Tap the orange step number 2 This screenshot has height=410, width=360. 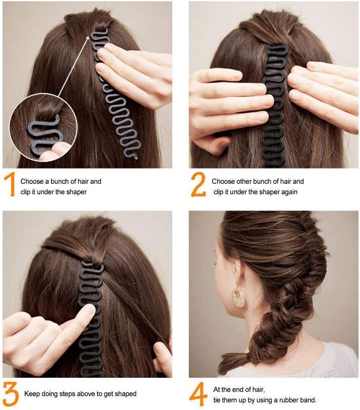click(x=198, y=184)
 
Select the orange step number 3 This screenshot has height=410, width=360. click(x=10, y=395)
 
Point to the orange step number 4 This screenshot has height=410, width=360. click(x=198, y=394)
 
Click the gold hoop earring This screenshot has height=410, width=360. click(x=238, y=297)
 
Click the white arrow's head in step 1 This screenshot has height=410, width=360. click(x=87, y=39)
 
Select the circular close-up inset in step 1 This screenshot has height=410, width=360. click(x=44, y=128)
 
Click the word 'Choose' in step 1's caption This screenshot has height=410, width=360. click(x=32, y=181)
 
